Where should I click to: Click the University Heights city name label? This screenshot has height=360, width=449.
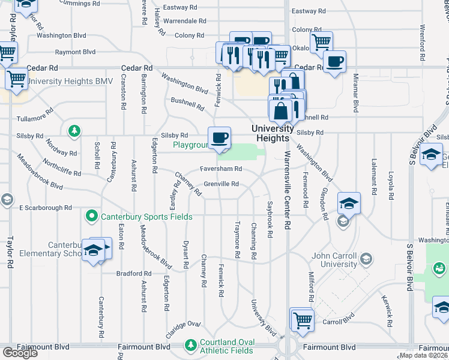pyautogui.click(x=272, y=133)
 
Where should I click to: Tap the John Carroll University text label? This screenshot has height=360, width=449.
pyautogui.click(x=334, y=260)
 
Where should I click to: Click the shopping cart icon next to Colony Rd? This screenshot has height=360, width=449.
pyautogui.click(x=321, y=42)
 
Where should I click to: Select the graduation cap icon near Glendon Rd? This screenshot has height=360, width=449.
pyautogui.click(x=349, y=203)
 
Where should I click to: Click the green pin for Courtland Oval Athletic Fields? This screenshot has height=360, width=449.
pyautogui.click(x=191, y=346)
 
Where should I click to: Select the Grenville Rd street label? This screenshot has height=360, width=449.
pyautogui.click(x=221, y=184)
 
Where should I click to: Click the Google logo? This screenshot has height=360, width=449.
pyautogui.click(x=20, y=353)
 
